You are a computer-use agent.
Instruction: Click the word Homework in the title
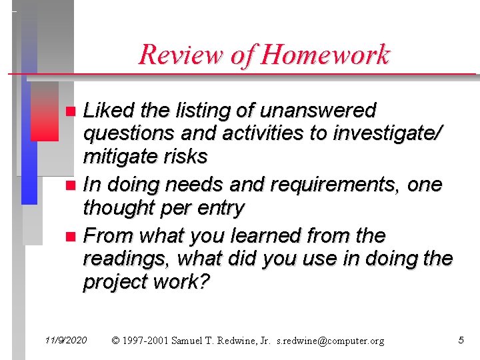click(326, 55)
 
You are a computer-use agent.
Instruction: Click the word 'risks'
click(187, 157)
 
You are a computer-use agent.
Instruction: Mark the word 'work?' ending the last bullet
click(183, 283)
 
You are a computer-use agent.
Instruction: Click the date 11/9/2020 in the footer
click(66, 341)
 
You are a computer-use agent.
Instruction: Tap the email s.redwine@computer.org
click(331, 341)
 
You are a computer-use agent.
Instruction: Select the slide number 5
click(461, 341)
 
